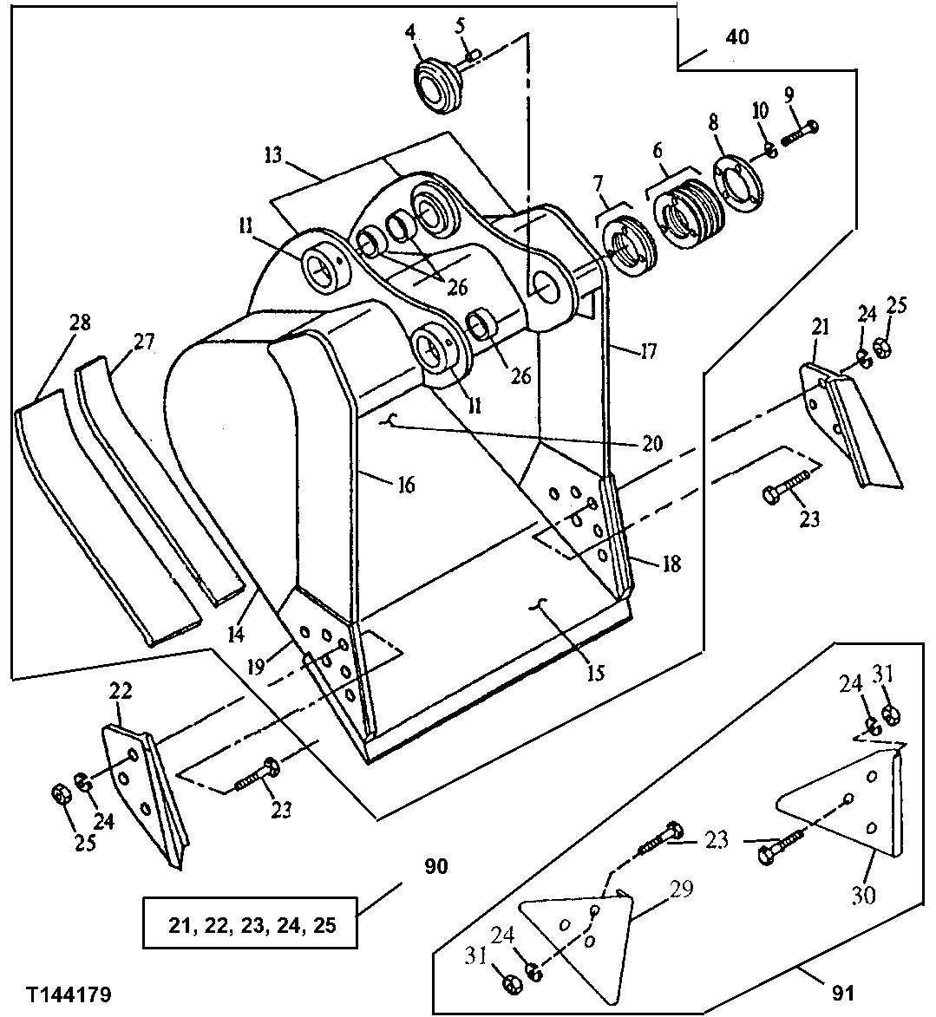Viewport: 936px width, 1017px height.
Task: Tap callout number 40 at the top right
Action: coord(736,37)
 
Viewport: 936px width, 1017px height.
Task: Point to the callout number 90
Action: coord(436,866)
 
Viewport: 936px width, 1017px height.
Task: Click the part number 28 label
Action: coord(79,323)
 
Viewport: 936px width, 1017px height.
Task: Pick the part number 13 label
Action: coord(273,155)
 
